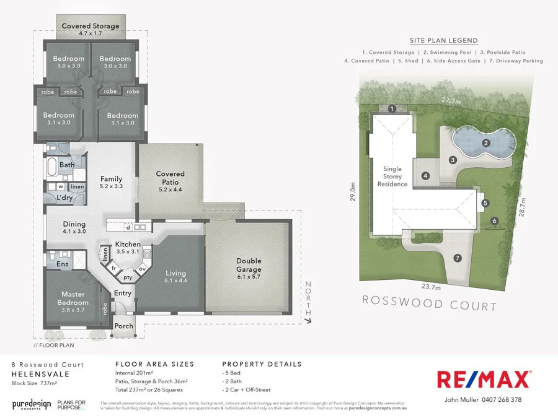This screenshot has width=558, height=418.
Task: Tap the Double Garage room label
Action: [248, 265]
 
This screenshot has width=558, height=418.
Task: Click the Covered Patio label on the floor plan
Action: [170, 178]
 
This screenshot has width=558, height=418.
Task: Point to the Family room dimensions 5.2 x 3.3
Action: [112, 186]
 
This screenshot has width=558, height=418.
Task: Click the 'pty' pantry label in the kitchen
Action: [128, 278]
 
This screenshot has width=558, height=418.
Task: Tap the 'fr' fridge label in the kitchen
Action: [113, 269]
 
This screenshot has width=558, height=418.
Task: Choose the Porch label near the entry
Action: [124, 326]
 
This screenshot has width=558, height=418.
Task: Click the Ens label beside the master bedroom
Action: [62, 264]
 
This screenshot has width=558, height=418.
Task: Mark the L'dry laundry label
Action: [65, 198]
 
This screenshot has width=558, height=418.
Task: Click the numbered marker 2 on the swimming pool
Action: [487, 143]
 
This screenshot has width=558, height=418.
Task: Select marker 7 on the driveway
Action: [458, 258]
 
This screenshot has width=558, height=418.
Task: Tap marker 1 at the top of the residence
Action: [392, 109]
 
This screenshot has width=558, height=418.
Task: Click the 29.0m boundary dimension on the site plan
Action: [352, 192]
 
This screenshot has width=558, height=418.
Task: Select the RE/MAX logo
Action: [484, 379]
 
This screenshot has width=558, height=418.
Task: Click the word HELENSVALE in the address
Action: [40, 375]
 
